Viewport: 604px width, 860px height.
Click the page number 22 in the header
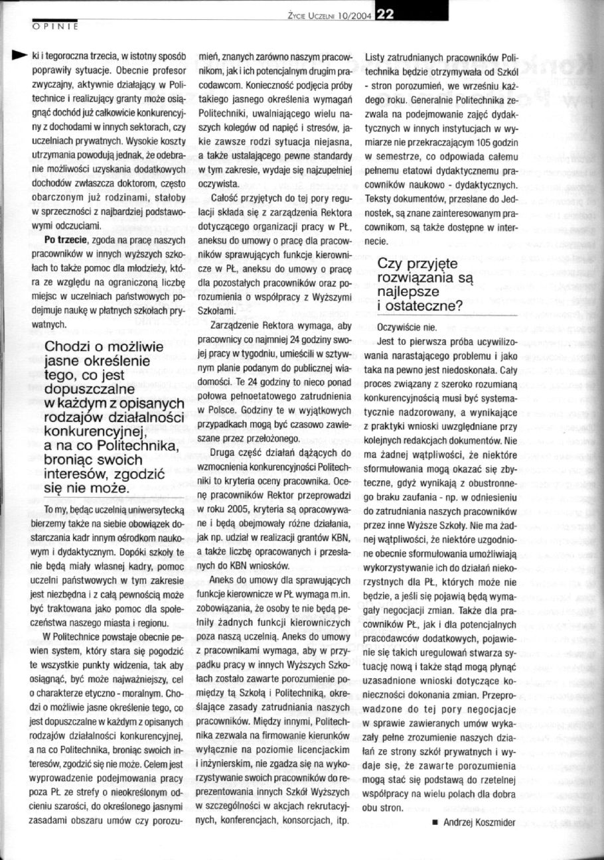click(x=386, y=11)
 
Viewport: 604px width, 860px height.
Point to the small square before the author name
click(x=434, y=840)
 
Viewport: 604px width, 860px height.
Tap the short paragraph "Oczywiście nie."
click(x=407, y=328)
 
